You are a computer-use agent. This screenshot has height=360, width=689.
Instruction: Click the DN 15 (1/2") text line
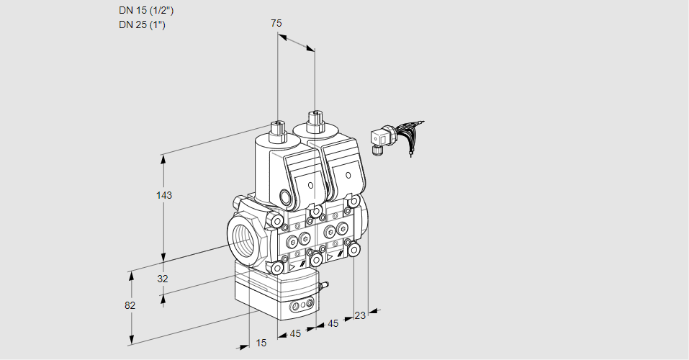(x=146, y=11)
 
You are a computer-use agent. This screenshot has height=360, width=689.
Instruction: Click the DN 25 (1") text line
(x=142, y=25)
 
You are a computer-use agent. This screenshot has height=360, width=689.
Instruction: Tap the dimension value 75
(x=276, y=24)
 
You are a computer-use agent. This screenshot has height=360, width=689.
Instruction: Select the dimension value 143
(x=165, y=195)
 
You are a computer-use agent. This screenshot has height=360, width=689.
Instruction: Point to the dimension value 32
(x=163, y=279)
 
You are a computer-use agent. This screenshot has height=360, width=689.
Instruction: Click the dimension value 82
(x=130, y=305)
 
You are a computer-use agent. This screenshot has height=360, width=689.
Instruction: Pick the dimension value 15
(x=261, y=343)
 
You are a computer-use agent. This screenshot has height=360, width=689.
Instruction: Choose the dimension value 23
(x=360, y=315)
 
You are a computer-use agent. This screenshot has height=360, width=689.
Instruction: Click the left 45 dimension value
(x=295, y=334)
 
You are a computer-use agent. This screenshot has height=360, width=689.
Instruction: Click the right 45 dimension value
(x=333, y=324)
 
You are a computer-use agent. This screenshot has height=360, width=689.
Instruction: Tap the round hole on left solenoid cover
(x=311, y=186)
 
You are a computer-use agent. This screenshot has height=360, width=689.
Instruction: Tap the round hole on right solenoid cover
(x=348, y=174)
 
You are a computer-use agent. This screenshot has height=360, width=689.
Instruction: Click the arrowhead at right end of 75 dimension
(x=311, y=49)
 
